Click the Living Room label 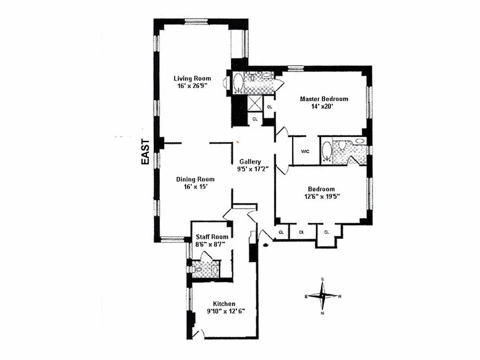(x=192, y=78)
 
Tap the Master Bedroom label (x=324, y=99)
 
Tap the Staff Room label (x=211, y=237)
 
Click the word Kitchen (x=224, y=304)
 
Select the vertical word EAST (x=145, y=152)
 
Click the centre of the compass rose (x=323, y=296)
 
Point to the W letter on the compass (x=340, y=296)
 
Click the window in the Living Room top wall (x=196, y=21)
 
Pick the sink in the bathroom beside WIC (x=360, y=141)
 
